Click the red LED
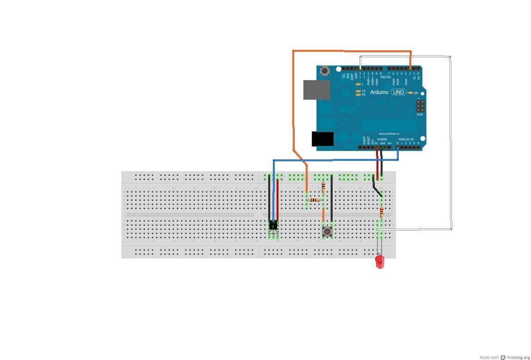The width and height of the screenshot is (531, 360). [x=380, y=262]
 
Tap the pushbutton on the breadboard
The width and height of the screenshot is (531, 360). [x=327, y=231]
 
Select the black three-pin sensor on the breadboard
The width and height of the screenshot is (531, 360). [x=273, y=226]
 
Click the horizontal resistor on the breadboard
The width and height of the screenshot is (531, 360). [x=315, y=200]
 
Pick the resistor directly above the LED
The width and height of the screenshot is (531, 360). [x=382, y=213]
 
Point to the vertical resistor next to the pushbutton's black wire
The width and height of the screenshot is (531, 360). [x=323, y=187]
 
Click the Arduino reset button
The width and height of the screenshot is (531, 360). [x=325, y=71]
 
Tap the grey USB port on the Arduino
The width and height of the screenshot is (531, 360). [x=316, y=90]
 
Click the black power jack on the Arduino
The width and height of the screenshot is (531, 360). [x=322, y=139]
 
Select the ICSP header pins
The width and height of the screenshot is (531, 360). [x=420, y=106]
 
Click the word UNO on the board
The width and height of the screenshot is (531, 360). [x=398, y=92]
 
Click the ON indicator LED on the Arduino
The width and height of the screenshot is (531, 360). [x=410, y=93]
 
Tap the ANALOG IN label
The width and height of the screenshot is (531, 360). [x=406, y=139]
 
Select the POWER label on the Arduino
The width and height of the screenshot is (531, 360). [x=382, y=139]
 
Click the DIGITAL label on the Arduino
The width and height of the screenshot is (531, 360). [x=386, y=77]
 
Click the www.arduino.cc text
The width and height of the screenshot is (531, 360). [x=389, y=134]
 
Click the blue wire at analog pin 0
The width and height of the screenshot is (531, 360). [x=398, y=155]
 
